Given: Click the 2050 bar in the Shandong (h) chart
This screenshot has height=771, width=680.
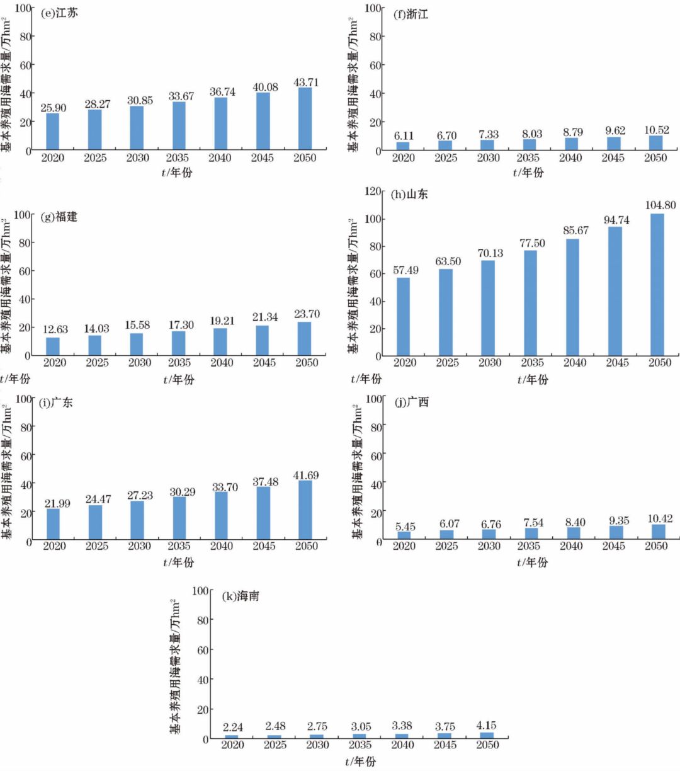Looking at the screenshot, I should pyautogui.click(x=657, y=285).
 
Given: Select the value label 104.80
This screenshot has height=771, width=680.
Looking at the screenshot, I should pyautogui.click(x=660, y=205).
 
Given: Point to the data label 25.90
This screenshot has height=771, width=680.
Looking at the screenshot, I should pyautogui.click(x=53, y=108).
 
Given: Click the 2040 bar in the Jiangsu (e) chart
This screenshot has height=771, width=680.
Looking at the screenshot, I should pyautogui.click(x=221, y=124).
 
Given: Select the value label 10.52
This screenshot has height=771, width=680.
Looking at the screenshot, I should pyautogui.click(x=656, y=131).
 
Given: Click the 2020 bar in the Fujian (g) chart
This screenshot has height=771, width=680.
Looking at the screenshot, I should pyautogui.click(x=54, y=346).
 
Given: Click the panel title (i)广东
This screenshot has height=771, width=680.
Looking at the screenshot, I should pyautogui.click(x=56, y=403).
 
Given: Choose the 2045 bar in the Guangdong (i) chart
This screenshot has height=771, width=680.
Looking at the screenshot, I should pyautogui.click(x=263, y=513).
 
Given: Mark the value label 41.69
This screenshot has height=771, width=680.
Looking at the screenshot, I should pyautogui.click(x=306, y=476).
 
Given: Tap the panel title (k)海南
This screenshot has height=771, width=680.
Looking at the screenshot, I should pyautogui.click(x=240, y=596).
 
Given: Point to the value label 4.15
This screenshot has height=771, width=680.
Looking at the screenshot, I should pyautogui.click(x=487, y=726).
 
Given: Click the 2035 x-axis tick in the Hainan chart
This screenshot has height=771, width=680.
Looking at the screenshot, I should pyautogui.click(x=360, y=745).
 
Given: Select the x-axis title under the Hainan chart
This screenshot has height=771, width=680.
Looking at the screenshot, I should pyautogui.click(x=360, y=762).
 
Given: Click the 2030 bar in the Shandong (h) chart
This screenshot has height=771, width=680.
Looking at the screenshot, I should pyautogui.click(x=489, y=308).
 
